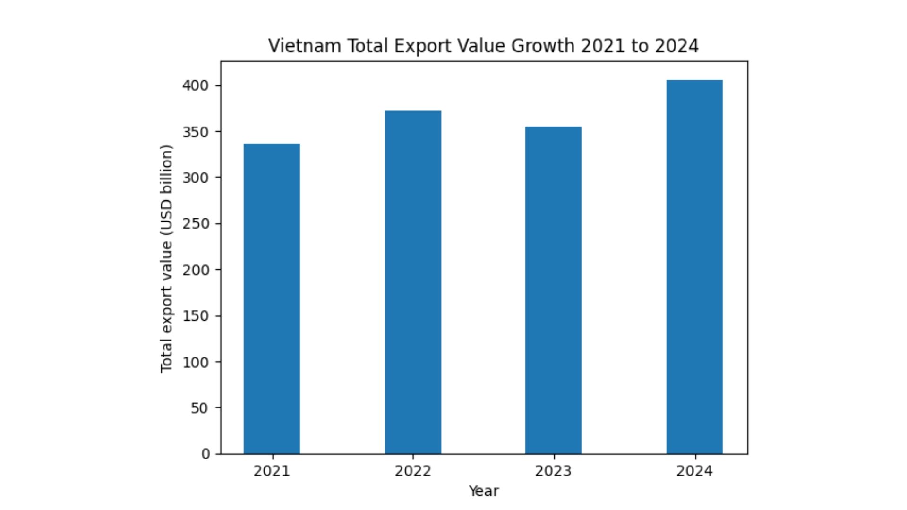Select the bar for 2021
[x=272, y=298]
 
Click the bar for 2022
[x=413, y=282]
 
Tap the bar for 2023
[x=553, y=290]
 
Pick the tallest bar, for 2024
[x=694, y=267]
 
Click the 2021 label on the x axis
[x=272, y=471]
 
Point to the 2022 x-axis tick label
[x=413, y=471]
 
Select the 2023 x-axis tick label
[x=553, y=471]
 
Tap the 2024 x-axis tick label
[x=694, y=471]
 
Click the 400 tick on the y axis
[x=196, y=85]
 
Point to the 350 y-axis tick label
[x=196, y=132]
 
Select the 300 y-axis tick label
[x=196, y=178]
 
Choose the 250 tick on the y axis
[x=196, y=223]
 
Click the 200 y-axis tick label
[x=196, y=270]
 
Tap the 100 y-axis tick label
[x=196, y=362]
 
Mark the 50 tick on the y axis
[x=199, y=408]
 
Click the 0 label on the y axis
[x=205, y=454]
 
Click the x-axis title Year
[x=483, y=491]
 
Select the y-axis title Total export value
[x=166, y=258]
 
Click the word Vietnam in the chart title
[x=305, y=46]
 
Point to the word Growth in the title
[x=543, y=46]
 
